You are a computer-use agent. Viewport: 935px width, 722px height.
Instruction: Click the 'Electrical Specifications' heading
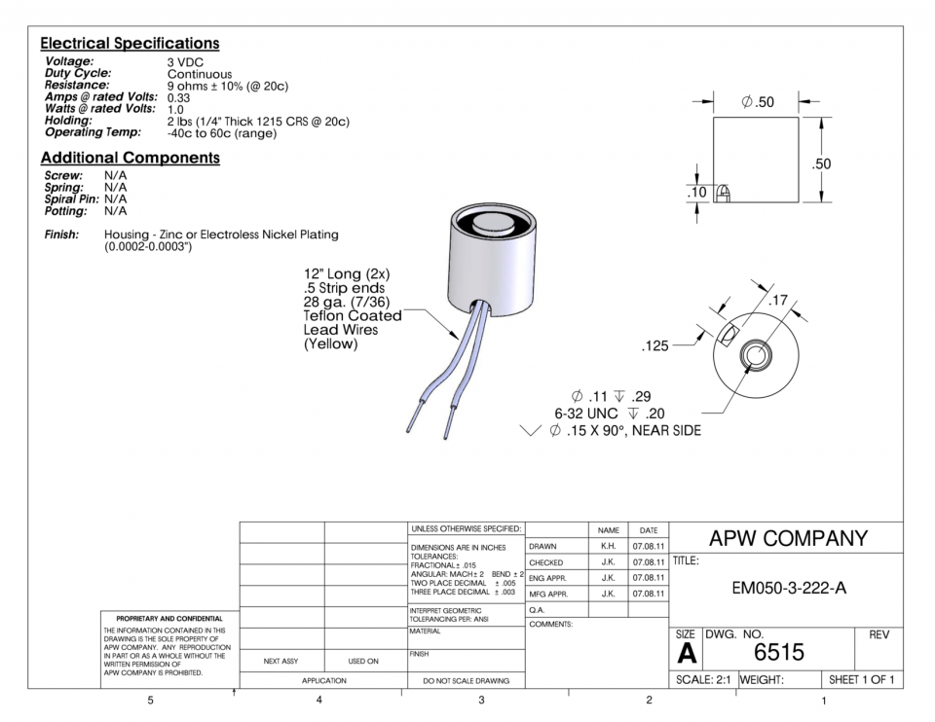(x=130, y=44)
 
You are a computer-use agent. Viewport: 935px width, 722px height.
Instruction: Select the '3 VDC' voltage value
(x=185, y=63)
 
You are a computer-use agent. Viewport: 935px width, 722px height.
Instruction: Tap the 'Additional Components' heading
(x=130, y=158)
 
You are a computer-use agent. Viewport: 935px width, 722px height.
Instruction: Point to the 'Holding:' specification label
(x=68, y=122)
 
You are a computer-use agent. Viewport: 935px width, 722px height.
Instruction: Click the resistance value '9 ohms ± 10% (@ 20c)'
(x=227, y=87)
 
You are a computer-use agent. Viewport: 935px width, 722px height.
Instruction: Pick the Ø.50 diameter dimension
(x=757, y=101)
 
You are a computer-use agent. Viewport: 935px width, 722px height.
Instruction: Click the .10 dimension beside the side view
(x=697, y=193)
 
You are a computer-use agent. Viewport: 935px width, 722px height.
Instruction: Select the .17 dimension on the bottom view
(x=777, y=300)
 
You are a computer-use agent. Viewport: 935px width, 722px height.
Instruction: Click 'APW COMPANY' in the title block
(x=787, y=538)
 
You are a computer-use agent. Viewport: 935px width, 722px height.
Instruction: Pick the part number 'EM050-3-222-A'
(x=786, y=588)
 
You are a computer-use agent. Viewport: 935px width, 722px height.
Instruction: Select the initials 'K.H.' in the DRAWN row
(x=608, y=547)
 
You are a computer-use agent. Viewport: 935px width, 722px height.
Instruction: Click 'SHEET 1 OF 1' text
(x=860, y=678)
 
